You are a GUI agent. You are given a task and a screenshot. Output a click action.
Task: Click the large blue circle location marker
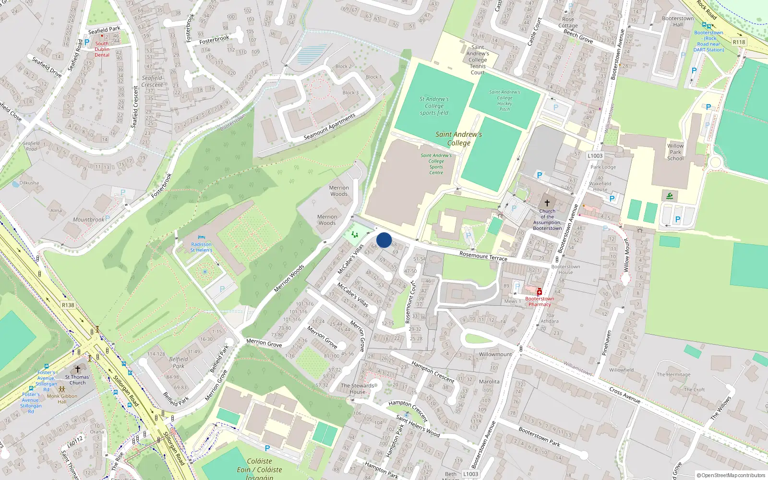pyautogui.click(x=384, y=240)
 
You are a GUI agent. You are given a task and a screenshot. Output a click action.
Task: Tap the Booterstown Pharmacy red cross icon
pyautogui.click(x=540, y=292)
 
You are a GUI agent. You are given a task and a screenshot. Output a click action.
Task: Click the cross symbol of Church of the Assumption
pyautogui.click(x=547, y=203)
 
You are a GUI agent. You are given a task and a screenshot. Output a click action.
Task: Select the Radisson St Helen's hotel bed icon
pyautogui.click(x=201, y=237)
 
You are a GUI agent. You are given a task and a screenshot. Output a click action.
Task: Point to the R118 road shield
pyautogui.click(x=739, y=42)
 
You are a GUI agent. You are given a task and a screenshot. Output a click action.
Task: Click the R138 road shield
pyautogui.click(x=68, y=305)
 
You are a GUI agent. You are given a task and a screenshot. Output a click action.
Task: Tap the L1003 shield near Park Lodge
pyautogui.click(x=595, y=156)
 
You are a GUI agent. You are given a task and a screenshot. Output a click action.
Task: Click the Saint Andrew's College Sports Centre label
pyautogui.click(x=436, y=164)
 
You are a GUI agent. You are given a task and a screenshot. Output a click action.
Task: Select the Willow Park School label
pyautogui.click(x=675, y=152)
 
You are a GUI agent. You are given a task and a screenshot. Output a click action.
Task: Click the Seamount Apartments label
pyautogui.click(x=330, y=127)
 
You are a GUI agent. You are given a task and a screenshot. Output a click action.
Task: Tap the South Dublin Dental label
pyautogui.click(x=102, y=49)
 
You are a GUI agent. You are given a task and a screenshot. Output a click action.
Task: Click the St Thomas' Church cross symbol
pyautogui.click(x=78, y=369)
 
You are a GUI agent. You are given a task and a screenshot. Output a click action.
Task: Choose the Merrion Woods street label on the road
pyautogui.click(x=289, y=278)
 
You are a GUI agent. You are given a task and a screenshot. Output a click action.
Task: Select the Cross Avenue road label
pyautogui.click(x=624, y=395)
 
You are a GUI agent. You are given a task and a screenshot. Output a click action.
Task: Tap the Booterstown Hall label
pyautogui.click(x=677, y=22)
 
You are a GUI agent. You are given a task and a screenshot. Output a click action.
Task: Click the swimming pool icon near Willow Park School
pyautogui.click(x=669, y=196)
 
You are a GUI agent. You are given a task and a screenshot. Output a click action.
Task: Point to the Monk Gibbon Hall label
pyautogui.click(x=62, y=399)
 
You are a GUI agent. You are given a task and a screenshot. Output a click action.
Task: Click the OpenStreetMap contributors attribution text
pyautogui.click(x=731, y=476)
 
